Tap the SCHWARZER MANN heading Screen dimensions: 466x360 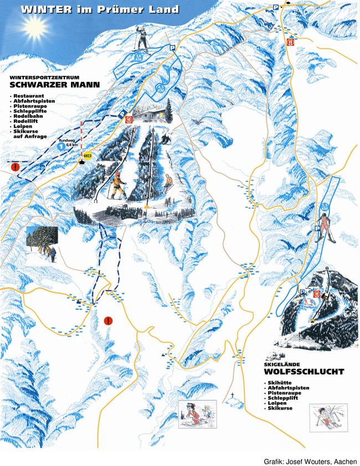54,85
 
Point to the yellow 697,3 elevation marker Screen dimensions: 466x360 87,157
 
